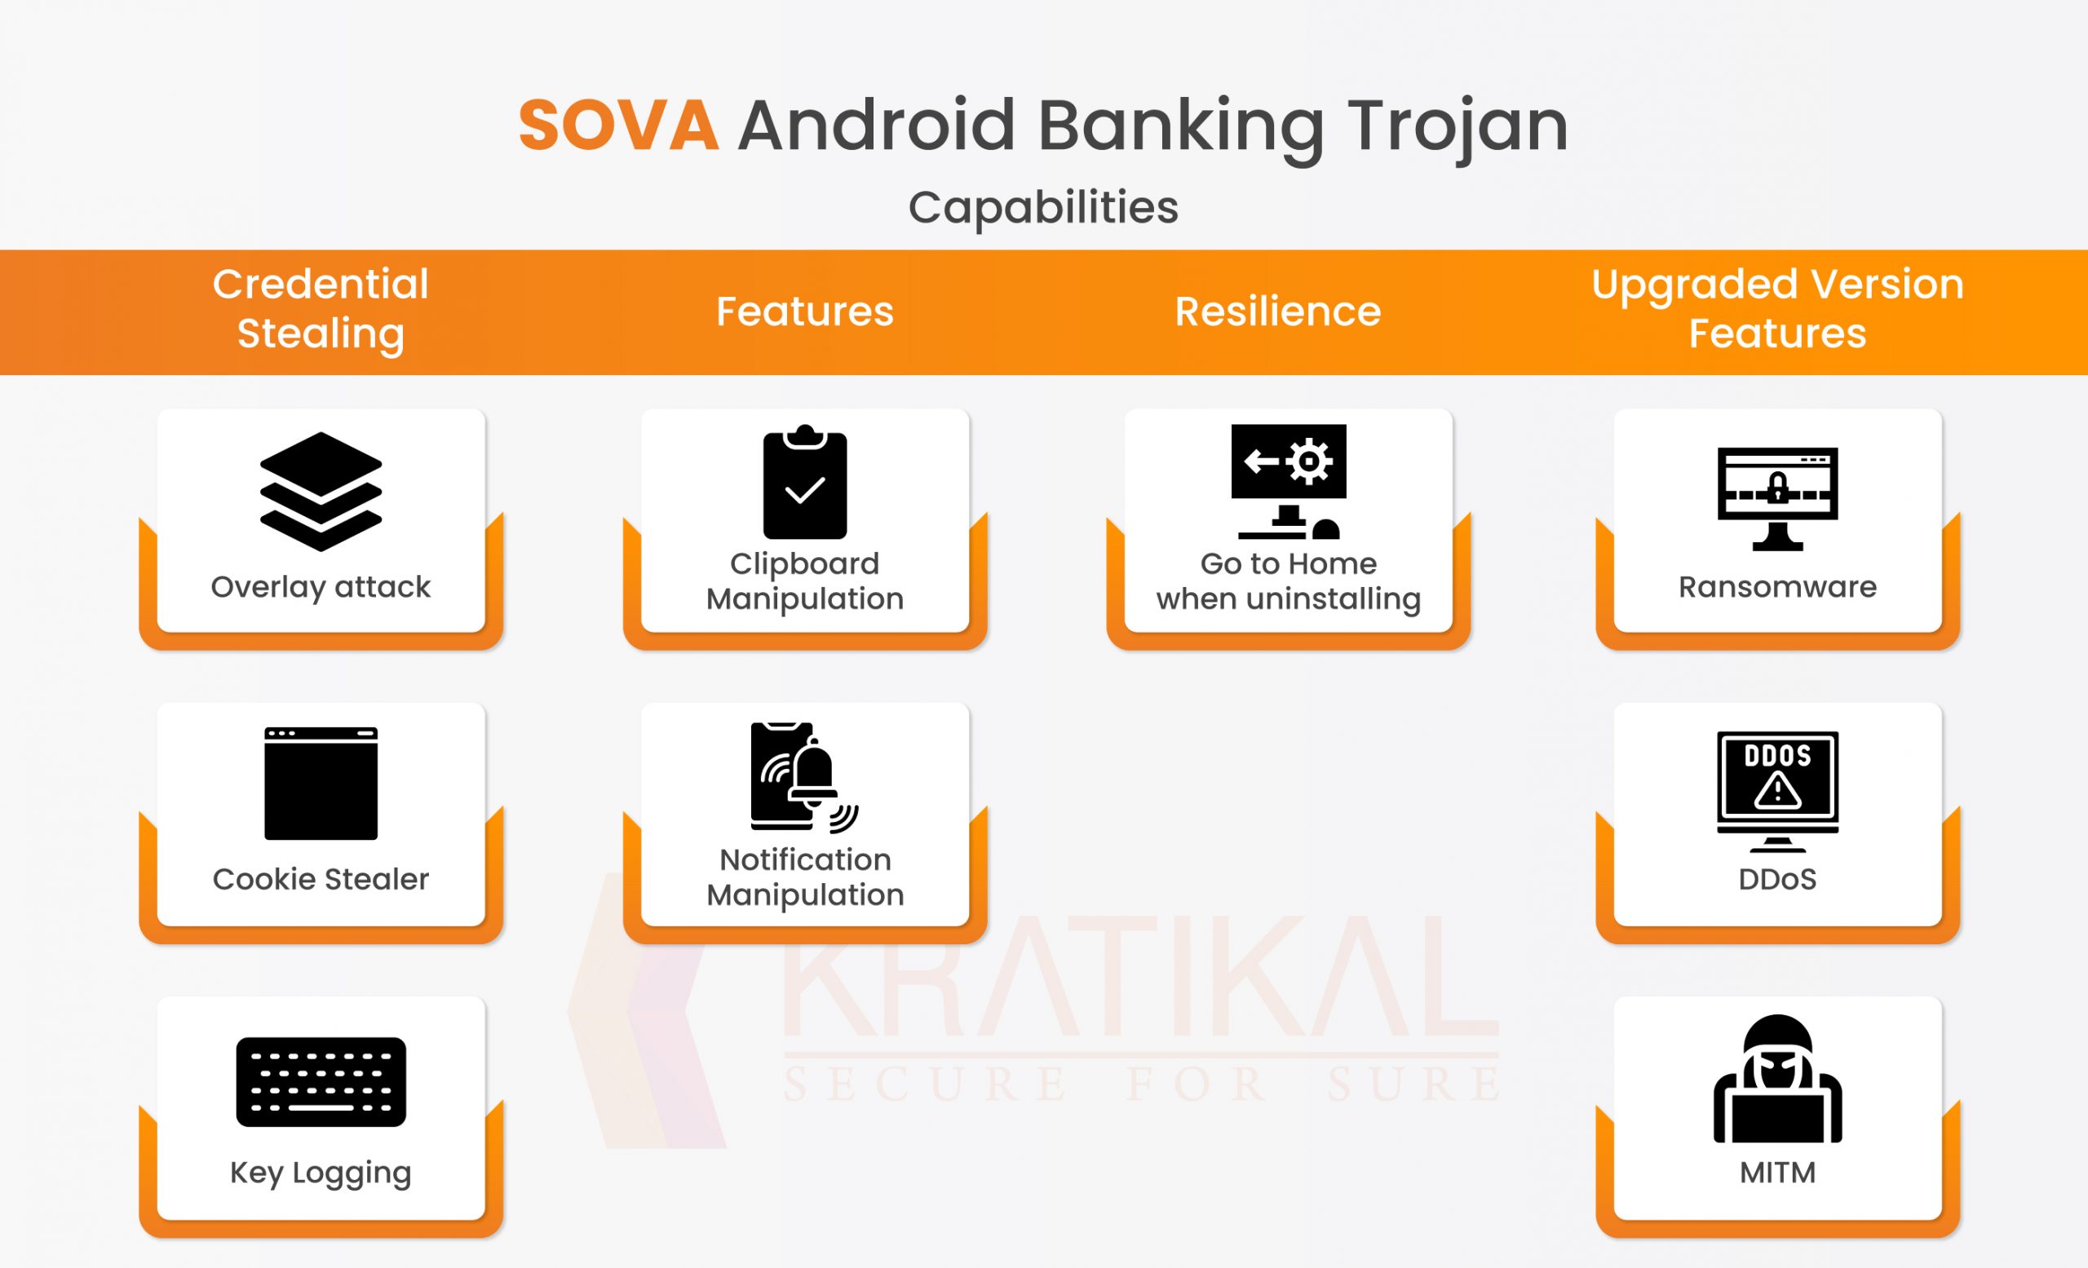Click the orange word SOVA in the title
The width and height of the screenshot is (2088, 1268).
click(618, 126)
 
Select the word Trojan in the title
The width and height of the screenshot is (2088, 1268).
click(1458, 127)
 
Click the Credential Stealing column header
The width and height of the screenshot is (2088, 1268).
click(321, 308)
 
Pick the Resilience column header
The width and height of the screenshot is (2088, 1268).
click(1278, 311)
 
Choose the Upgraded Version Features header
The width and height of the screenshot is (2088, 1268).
click(1777, 308)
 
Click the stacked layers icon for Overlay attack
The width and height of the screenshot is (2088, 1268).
click(321, 491)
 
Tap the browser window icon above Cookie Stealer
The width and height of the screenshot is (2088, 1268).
click(321, 784)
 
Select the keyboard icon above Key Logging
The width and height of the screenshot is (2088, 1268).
click(321, 1081)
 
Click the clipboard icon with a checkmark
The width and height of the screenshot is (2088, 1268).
click(804, 482)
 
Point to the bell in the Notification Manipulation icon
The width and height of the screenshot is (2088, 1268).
click(812, 771)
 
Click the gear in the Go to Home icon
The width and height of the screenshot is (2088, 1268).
click(1309, 462)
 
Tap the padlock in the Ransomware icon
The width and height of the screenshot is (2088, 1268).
click(1777, 488)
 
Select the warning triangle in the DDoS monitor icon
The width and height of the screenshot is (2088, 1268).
click(1777, 791)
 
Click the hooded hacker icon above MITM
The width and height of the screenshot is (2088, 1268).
click(1777, 1079)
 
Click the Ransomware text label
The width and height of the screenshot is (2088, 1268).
click(1777, 587)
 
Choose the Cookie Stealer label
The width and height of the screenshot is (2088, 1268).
click(321, 879)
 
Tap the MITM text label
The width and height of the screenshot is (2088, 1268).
click(1777, 1173)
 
